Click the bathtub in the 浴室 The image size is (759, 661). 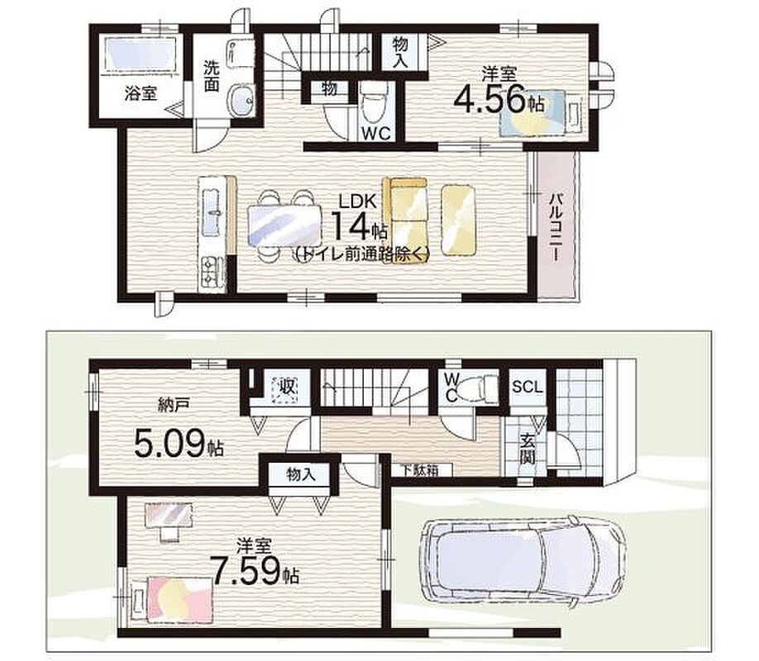coord(141,55)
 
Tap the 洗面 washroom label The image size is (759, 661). coord(211,76)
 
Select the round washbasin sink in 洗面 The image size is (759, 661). coord(241,100)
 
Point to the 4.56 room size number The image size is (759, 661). coord(489,100)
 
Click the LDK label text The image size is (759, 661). coord(358,201)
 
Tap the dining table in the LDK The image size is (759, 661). coord(284,226)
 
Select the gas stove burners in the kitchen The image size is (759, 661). coord(212,273)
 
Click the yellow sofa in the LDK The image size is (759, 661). coord(406,216)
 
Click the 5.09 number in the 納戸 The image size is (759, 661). coord(169,445)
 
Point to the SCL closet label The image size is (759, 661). coord(527,388)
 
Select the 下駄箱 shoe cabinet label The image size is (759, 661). coord(420,469)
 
